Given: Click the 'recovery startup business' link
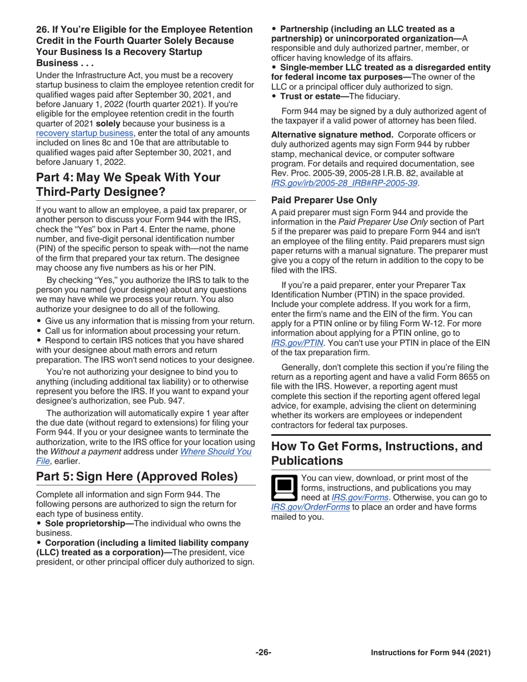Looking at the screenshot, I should (x=85, y=133).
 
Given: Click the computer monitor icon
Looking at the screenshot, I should (x=283, y=487).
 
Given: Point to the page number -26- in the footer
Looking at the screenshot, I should (x=263, y=653).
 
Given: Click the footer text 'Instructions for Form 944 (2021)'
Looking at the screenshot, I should (x=430, y=653).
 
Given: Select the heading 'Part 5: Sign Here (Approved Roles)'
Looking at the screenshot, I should (x=136, y=476).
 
